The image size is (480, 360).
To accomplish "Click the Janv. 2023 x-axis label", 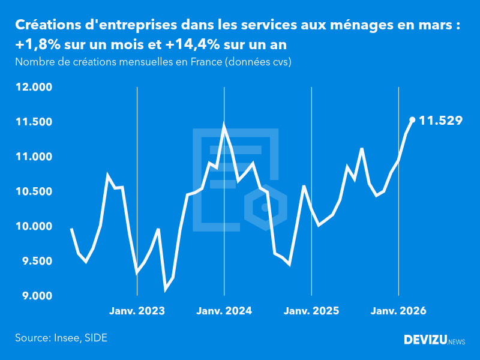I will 137,311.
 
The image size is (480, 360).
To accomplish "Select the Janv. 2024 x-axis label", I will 224,311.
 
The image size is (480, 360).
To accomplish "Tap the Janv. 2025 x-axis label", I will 311,311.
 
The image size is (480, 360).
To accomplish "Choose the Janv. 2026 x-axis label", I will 399,311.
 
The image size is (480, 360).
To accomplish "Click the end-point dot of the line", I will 412,120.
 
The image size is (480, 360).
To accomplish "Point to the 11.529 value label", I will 440,121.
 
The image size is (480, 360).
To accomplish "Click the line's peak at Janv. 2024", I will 224,126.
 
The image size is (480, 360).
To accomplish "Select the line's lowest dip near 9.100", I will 166,289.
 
